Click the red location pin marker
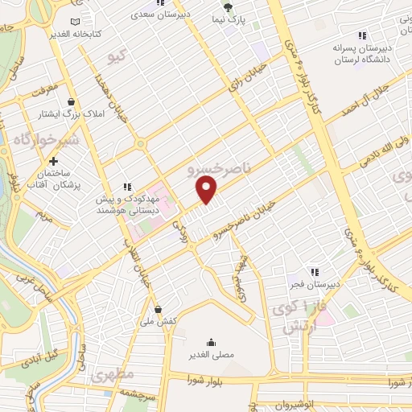(207, 189)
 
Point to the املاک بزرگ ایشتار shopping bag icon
(72, 102)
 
